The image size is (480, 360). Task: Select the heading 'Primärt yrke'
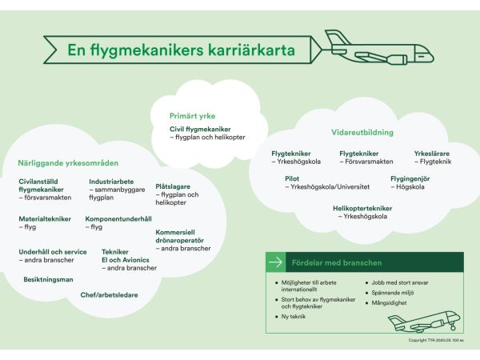pos(192,116)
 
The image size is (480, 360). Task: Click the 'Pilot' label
pos(292,178)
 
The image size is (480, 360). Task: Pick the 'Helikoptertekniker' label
pos(357,208)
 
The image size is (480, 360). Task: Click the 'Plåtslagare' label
pos(172,186)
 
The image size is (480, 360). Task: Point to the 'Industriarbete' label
pos(111,181)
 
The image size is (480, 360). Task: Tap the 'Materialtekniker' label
pos(45,218)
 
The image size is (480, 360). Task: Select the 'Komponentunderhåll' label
pos(118,218)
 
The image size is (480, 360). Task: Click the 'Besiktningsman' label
pos(48,280)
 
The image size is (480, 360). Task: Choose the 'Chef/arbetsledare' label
pos(109,294)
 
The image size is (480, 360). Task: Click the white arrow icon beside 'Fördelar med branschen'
pos(275,262)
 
